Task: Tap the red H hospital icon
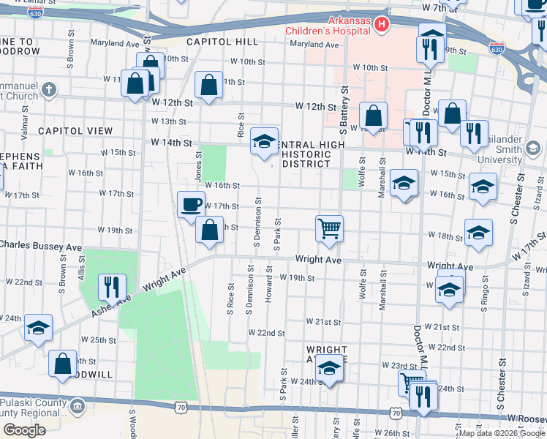click(380, 26)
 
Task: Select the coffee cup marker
click(192, 204)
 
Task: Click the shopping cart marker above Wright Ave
click(329, 228)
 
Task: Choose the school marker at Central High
click(264, 140)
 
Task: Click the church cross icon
click(49, 90)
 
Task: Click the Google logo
click(24, 430)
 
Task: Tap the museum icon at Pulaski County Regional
click(78, 405)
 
